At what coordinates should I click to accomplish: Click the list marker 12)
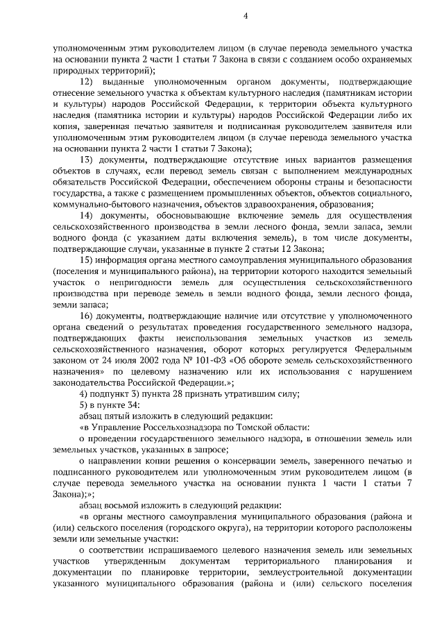pos(87,83)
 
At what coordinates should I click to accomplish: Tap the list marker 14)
pos(87,217)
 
